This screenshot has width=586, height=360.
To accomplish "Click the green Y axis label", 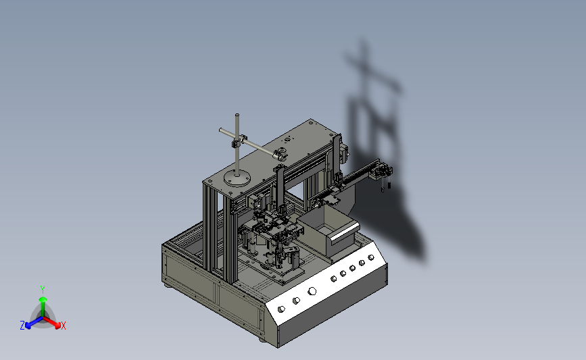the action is [43, 290].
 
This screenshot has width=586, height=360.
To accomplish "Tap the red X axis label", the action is [63, 326].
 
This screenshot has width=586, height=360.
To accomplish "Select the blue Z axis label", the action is [22, 326].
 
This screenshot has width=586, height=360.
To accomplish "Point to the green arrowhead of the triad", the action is [43, 299].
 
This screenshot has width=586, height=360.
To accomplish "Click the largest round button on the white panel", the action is [312, 291].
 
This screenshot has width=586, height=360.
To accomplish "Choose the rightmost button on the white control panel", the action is [371, 258].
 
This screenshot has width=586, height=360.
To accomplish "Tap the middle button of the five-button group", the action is [352, 268].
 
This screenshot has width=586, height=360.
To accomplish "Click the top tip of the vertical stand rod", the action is [237, 115].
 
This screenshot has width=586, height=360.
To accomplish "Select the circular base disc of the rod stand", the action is [237, 177].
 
